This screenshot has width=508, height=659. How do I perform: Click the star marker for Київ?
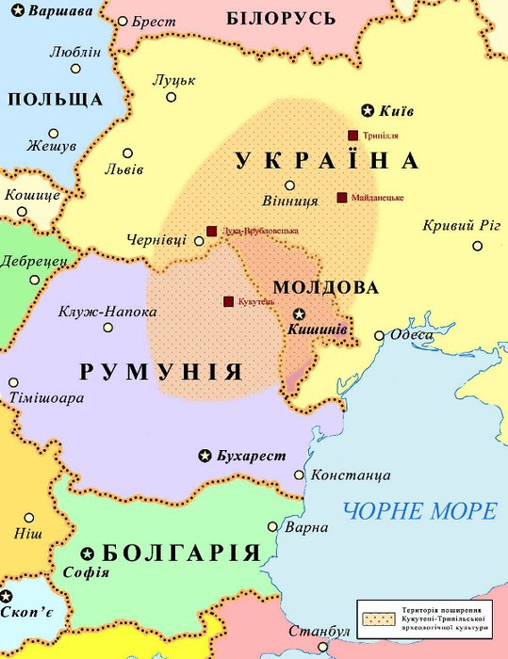369,110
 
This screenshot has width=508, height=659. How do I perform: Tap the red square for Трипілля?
352,135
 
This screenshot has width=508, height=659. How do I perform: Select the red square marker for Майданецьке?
341,198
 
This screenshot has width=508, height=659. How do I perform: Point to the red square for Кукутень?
228,301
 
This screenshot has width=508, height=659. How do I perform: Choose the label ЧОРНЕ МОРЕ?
420,511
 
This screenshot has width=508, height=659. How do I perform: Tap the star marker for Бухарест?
205,456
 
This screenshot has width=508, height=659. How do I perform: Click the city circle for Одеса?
379,335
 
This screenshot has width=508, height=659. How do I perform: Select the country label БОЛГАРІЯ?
179,553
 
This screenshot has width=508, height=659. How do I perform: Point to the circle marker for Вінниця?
290,185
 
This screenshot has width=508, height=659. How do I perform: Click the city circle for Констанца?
300,475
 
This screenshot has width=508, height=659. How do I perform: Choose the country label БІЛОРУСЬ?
282,18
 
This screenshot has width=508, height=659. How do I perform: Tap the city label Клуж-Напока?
107,312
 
